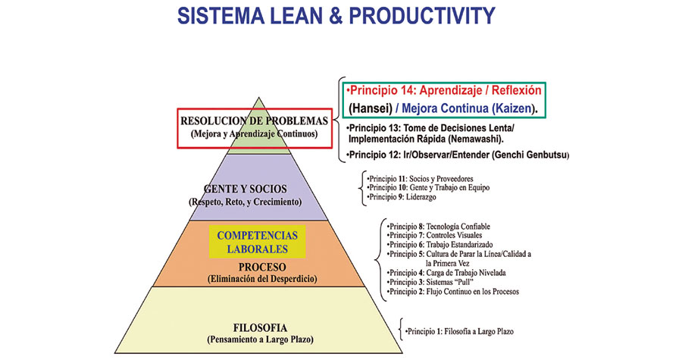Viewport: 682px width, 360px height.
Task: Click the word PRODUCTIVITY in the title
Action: click(422, 16)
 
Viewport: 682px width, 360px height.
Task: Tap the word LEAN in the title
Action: click(302, 16)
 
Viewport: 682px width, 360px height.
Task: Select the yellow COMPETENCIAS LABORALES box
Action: click(257, 242)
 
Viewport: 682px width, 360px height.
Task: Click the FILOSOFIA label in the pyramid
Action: click(260, 328)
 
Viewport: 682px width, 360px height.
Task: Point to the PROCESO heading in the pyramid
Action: click(262, 267)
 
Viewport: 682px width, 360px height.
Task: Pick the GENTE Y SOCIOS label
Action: click(246, 189)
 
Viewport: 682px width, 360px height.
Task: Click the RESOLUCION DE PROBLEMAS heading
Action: click(255, 121)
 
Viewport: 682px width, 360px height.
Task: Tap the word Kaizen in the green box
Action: click(512, 108)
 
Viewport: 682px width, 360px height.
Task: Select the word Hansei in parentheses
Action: click(371, 108)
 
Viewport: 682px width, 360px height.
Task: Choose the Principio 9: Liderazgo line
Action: click(401, 197)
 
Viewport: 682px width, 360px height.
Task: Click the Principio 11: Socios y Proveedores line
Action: click(420, 179)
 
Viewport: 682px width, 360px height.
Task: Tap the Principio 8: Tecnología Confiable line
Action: click(439, 227)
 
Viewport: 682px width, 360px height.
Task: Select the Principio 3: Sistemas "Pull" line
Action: click(430, 282)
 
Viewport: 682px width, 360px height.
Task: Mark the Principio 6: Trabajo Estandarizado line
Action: click(440, 245)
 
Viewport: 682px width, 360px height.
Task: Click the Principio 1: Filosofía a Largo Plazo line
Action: click(460, 331)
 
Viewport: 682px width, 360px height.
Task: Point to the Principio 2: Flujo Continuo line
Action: click(453, 292)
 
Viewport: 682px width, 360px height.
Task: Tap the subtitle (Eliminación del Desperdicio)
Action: click(262, 279)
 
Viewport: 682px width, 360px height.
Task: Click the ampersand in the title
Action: click(341, 16)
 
